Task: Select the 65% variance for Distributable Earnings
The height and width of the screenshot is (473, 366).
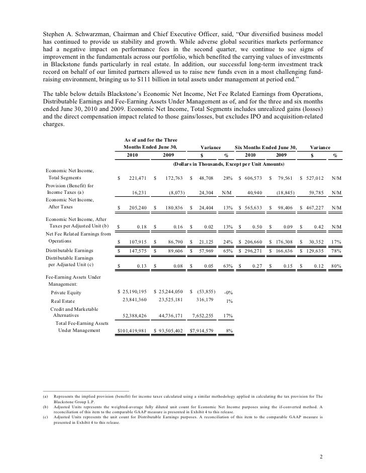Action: [x=227, y=250]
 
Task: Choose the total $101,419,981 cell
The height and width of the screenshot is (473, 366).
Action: [x=132, y=330]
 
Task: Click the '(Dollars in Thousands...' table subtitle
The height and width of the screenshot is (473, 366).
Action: [x=229, y=164]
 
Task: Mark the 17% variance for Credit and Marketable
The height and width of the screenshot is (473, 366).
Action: [x=228, y=316]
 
